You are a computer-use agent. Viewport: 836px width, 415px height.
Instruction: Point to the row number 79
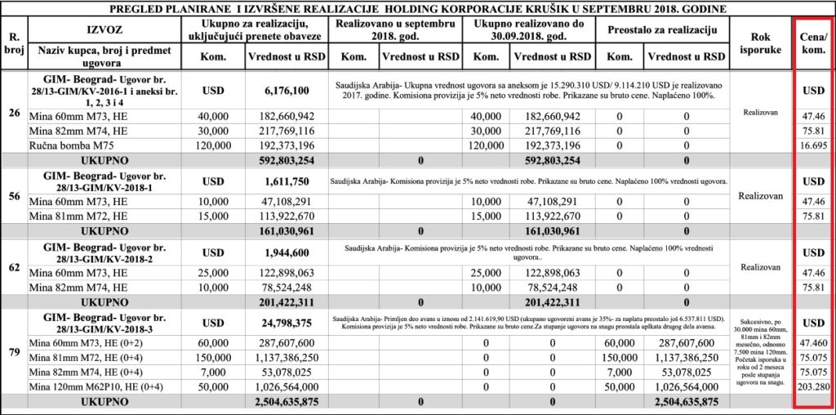coord(13,353)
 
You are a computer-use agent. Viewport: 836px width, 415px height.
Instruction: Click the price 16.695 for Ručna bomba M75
coord(813,144)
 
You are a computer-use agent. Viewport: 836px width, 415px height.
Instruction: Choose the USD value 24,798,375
coord(285,323)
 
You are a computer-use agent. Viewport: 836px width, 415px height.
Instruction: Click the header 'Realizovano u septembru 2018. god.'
coord(395,30)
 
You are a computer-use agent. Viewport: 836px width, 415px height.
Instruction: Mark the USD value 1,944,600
coord(285,254)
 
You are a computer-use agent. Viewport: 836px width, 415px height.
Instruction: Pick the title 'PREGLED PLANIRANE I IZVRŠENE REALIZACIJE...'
coord(416,7)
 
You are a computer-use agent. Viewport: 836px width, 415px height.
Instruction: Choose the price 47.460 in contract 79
coord(813,342)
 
